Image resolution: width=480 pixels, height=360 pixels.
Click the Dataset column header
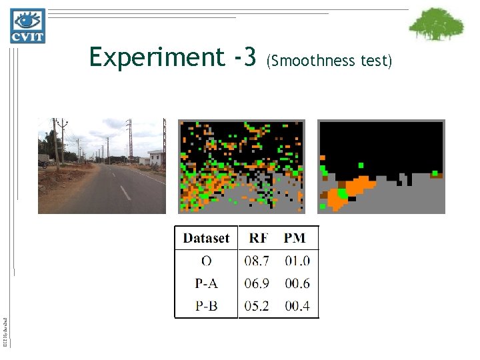[x=206, y=238]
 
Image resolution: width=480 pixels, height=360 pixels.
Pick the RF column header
[x=259, y=238]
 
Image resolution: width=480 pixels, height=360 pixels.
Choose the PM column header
[x=295, y=238]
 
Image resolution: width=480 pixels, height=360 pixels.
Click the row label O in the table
[x=206, y=261]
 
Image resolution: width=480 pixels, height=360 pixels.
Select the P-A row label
[x=206, y=283]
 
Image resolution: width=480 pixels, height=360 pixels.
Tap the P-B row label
[x=206, y=306]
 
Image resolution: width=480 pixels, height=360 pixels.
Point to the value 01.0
[x=297, y=261]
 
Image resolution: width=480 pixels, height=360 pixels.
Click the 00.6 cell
[x=297, y=283]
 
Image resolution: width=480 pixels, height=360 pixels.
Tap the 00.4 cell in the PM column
[x=297, y=306]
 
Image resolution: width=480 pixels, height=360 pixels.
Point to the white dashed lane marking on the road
[x=125, y=193]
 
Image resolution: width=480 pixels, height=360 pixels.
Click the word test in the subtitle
[x=375, y=61]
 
